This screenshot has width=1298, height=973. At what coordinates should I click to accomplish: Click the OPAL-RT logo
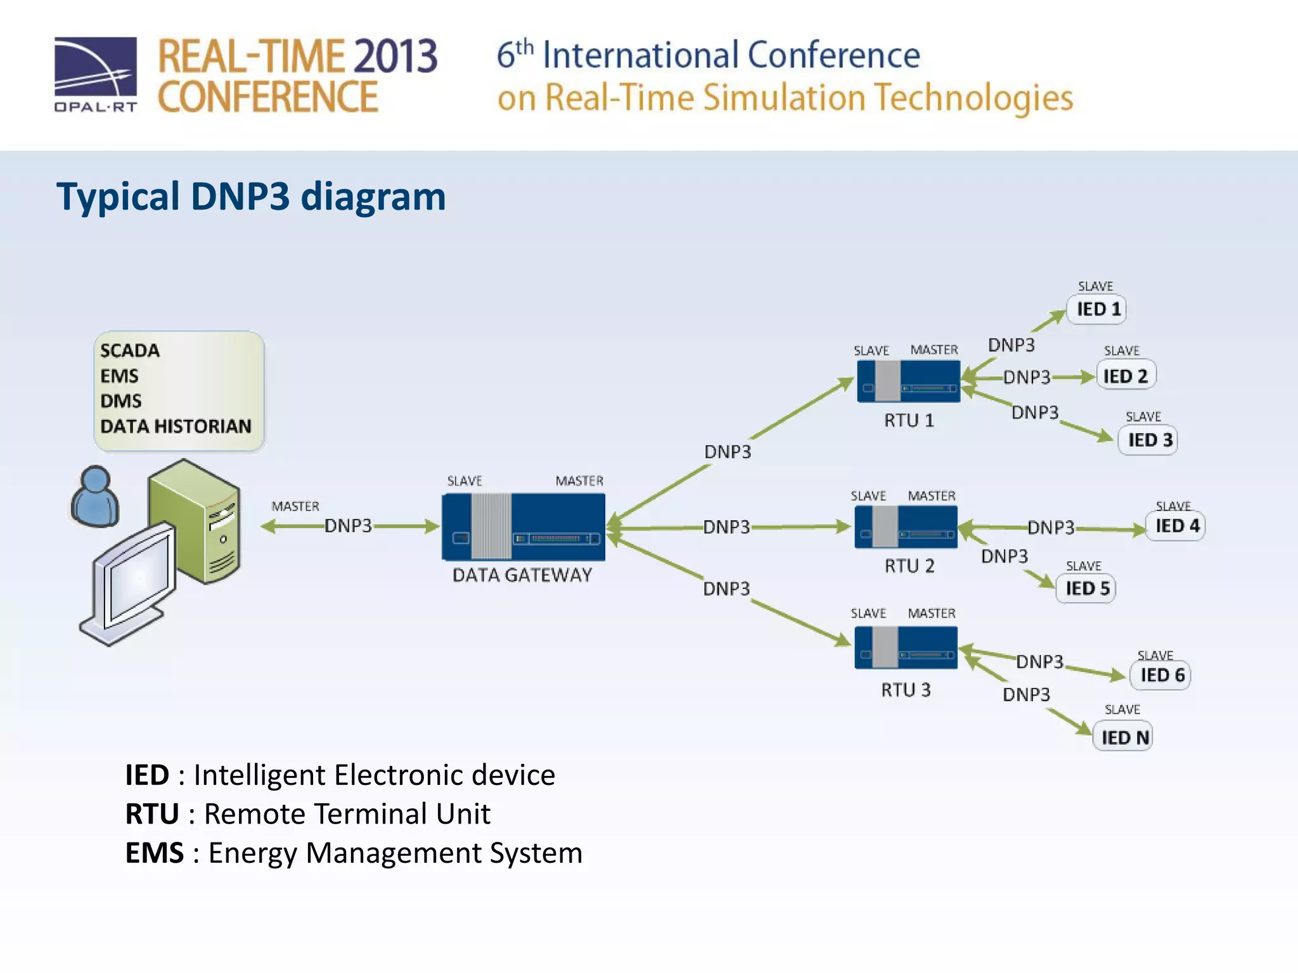(96, 74)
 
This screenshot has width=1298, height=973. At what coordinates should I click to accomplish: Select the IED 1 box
(1097, 310)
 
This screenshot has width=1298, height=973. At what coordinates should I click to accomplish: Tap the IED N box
(1123, 737)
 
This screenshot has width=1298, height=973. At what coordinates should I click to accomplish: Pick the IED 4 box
(1176, 526)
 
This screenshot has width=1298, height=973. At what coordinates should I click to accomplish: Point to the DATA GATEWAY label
(522, 575)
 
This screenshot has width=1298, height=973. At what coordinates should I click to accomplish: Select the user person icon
(95, 497)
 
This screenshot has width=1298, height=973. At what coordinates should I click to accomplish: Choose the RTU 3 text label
(906, 690)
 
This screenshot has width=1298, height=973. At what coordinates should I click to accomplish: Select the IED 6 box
(1161, 675)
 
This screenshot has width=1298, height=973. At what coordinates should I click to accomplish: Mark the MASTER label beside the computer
(295, 507)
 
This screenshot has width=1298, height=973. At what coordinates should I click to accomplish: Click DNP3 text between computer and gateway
(348, 526)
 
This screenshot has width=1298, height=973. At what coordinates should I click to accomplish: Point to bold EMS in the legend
(154, 853)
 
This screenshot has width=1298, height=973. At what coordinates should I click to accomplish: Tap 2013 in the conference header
(395, 57)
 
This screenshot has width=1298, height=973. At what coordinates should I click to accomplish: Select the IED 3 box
(1148, 440)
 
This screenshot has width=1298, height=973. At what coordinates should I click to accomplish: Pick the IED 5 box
(1086, 589)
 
